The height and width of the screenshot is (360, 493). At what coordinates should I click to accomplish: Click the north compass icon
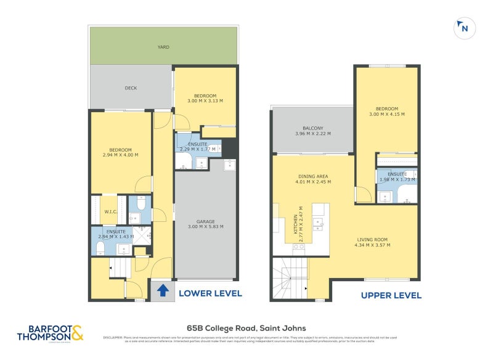(463, 28)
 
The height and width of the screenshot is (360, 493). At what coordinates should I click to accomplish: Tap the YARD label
(163, 47)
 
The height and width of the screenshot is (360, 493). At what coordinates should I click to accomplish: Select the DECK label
(131, 88)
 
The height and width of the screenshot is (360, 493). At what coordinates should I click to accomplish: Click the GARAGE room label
(205, 221)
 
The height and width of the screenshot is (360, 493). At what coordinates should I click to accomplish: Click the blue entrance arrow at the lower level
(162, 290)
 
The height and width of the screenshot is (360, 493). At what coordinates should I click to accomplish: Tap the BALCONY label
(313, 128)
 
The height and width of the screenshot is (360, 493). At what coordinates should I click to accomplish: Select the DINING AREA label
(313, 176)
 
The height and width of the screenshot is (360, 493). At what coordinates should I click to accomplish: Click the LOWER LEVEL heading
(210, 293)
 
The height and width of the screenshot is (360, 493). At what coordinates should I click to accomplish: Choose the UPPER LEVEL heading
(391, 295)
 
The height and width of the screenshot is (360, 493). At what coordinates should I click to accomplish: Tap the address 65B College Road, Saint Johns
(246, 328)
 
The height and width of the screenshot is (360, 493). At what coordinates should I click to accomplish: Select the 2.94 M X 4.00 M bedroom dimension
(121, 155)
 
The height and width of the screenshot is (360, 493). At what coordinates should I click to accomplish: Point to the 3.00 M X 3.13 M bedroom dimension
(205, 101)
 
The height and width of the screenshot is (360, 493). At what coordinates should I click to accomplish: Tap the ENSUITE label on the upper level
(397, 174)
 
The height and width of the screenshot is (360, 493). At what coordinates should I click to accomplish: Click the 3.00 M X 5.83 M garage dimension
(205, 226)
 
